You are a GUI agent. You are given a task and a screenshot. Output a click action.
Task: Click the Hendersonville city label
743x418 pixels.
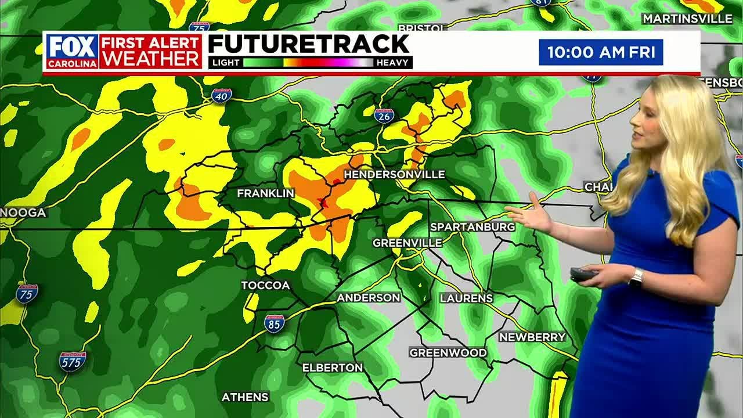(x=394, y=174)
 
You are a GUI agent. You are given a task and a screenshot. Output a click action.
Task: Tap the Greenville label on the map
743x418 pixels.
(x=407, y=243)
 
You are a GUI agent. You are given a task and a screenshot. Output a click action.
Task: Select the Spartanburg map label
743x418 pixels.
(x=473, y=226)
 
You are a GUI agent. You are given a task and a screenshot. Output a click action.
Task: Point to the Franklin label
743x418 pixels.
(x=265, y=193)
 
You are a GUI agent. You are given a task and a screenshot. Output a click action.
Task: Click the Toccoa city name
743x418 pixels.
(x=265, y=285)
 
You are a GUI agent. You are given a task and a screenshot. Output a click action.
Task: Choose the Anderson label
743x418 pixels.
(x=369, y=297)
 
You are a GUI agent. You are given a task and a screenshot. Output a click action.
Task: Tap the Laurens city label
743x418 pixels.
(x=466, y=298)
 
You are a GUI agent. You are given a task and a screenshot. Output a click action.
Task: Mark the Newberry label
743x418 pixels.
(x=532, y=337)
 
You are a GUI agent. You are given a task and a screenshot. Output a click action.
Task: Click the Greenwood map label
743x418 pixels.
(x=448, y=352)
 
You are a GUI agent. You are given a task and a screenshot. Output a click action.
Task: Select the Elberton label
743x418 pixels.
(x=333, y=367)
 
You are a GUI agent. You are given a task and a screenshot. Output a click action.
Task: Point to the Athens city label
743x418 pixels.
(x=245, y=397)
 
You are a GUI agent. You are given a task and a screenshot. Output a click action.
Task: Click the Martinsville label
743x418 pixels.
(x=687, y=19)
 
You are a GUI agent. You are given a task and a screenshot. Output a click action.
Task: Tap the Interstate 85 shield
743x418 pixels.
(x=274, y=323)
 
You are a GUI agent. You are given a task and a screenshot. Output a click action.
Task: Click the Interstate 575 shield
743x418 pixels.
(x=73, y=361)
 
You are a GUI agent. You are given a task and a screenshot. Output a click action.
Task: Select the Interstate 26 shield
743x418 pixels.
(x=384, y=116)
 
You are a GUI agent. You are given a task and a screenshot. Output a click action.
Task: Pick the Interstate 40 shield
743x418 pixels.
(x=222, y=96)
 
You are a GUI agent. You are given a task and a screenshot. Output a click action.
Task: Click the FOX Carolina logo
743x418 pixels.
(x=72, y=51)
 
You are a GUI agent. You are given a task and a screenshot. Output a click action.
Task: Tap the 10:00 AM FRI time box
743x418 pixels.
(x=601, y=52)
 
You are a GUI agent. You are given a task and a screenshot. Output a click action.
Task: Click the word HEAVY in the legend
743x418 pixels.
(x=393, y=63)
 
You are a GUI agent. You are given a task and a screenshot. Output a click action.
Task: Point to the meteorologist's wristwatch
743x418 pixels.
(x=636, y=277)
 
